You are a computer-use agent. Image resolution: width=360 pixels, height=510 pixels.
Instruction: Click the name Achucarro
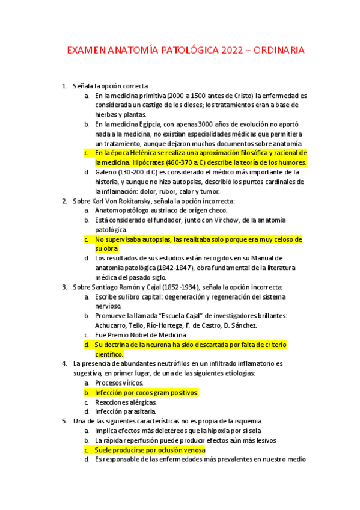coord(112,325)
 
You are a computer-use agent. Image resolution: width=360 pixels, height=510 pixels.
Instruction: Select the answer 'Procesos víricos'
coord(118,382)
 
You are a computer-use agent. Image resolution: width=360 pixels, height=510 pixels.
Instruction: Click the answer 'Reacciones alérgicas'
coord(126,402)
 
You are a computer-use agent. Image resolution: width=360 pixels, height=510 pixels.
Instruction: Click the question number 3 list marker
coord(64,287)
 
